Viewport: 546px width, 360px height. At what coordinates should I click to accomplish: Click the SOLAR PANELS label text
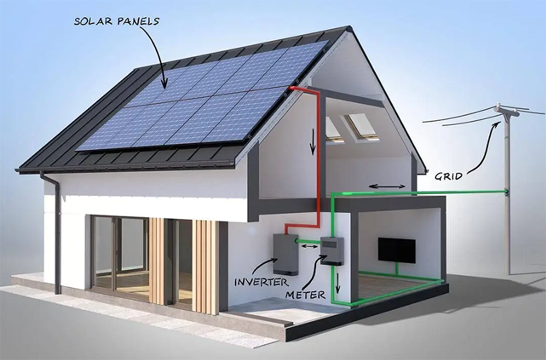coord(117,21)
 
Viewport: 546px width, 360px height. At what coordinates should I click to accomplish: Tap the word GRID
coord(449,176)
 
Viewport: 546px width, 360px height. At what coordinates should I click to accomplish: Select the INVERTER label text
coord(261,282)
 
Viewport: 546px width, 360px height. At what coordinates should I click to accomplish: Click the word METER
coord(305,295)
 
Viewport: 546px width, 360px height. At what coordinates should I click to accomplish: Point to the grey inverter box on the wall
coord(285,254)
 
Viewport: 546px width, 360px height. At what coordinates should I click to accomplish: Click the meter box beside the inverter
coord(332,251)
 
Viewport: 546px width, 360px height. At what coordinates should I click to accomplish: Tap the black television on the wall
coord(397,250)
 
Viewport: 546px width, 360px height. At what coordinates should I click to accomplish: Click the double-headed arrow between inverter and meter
coord(309,247)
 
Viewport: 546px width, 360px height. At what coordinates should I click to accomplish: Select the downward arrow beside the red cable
coord(313,141)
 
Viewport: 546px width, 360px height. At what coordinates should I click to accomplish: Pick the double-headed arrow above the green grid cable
coord(387,186)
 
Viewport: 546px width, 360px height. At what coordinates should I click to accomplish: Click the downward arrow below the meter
coord(337,283)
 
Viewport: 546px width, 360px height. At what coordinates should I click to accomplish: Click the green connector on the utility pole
coord(506,191)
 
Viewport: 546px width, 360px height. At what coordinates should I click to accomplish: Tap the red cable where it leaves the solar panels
coord(292,88)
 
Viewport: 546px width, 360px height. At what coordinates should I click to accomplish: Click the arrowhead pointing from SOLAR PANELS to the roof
coord(164,83)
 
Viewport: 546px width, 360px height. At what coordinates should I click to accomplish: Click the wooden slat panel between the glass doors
coord(157,262)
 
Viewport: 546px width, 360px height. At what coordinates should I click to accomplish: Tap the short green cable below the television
coord(397,269)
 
